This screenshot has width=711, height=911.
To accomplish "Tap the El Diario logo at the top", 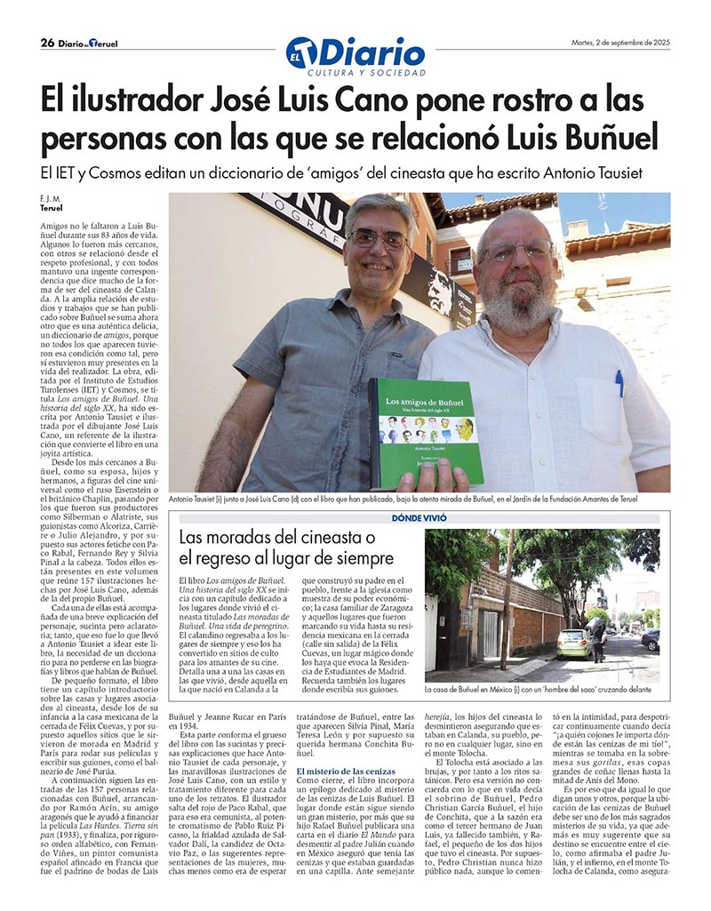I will click(355, 52).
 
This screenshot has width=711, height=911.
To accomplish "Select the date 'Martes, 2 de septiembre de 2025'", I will click(619, 42).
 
